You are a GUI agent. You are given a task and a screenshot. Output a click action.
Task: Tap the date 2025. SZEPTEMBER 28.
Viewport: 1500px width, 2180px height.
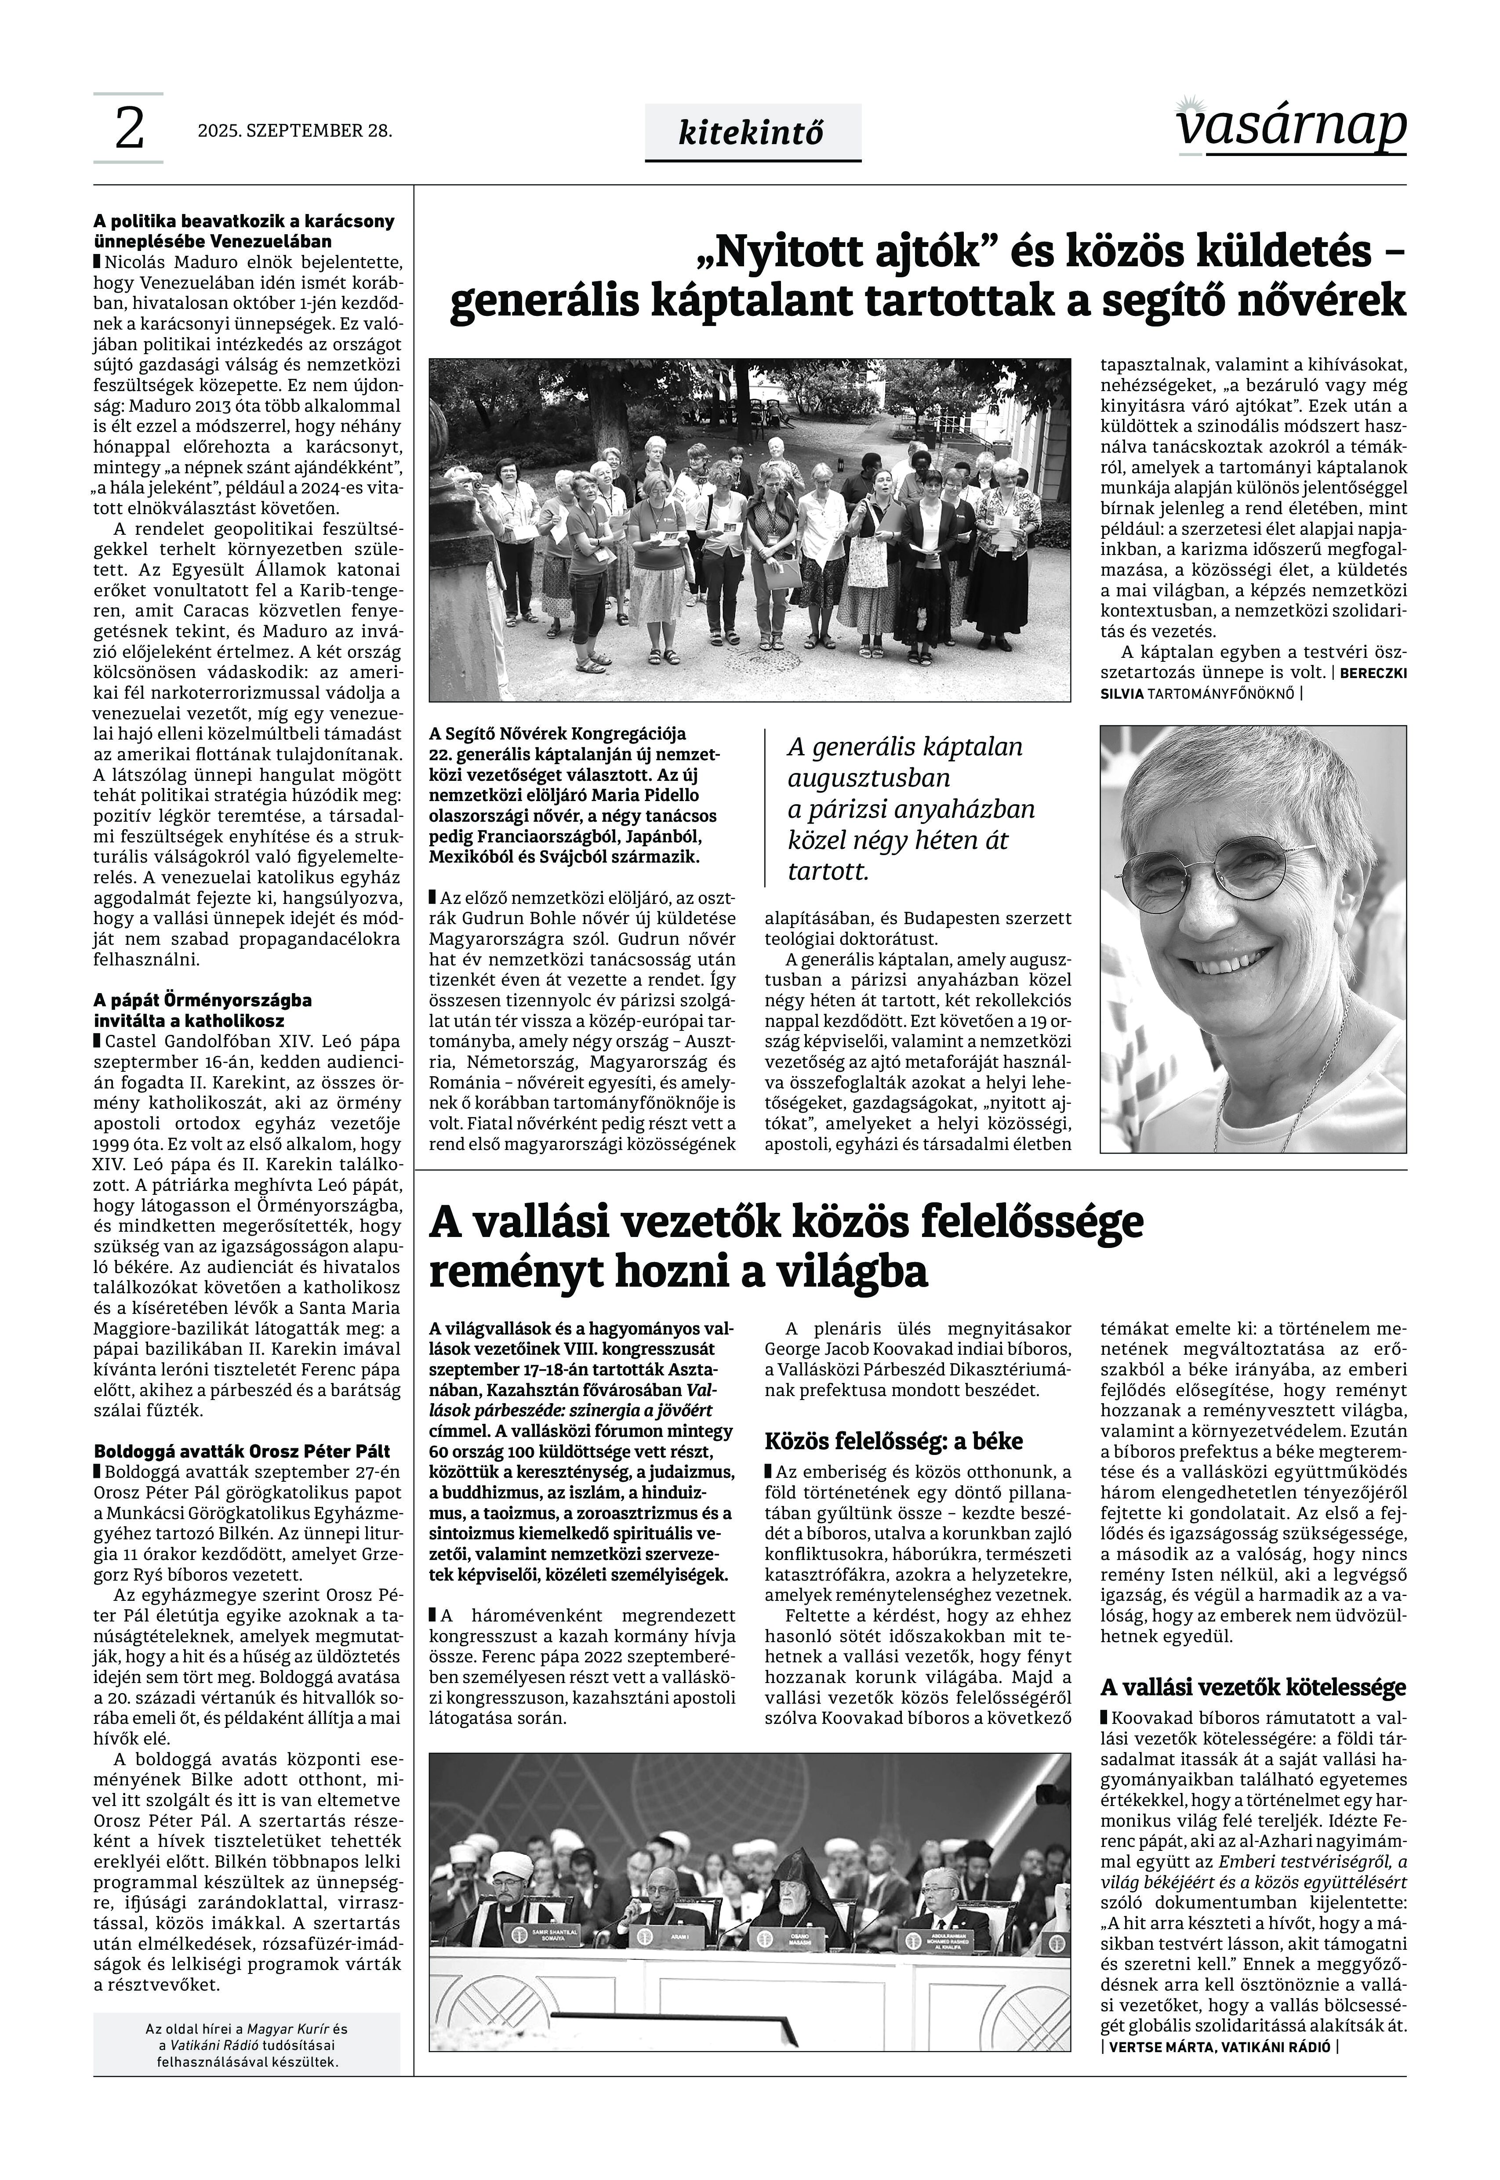point(294,131)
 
